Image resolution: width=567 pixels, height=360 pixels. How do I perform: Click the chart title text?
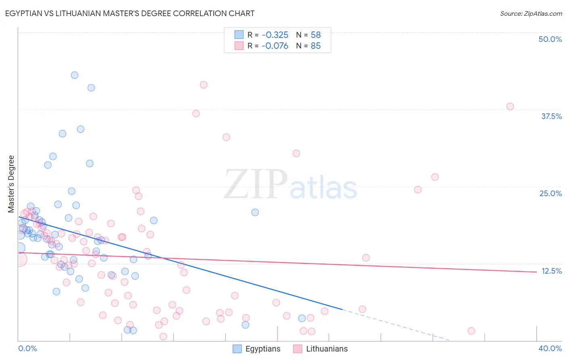coord(129,13)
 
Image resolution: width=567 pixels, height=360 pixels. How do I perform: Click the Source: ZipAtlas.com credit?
coord(531,13)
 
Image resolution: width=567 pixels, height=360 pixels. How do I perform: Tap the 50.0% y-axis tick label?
coord(550,39)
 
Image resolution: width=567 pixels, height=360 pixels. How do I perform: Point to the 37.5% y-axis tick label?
coord(551,116)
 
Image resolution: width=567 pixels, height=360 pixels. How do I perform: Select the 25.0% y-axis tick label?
coord(550,193)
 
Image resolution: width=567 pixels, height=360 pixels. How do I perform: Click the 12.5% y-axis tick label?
coord(551,271)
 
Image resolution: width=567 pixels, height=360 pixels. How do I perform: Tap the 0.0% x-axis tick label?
coord(27,348)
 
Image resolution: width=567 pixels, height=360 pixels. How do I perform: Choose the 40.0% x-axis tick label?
coord(550,348)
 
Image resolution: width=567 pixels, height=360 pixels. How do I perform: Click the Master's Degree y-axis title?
coord(11,184)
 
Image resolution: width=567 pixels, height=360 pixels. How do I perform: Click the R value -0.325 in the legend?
coord(275,35)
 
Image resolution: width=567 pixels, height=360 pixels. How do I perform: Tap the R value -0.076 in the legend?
coord(275,46)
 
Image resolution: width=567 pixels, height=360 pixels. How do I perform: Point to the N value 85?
coord(316,46)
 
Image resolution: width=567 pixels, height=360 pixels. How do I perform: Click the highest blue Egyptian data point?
coord(75,75)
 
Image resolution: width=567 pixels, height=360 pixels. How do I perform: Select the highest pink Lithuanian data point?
coord(204,85)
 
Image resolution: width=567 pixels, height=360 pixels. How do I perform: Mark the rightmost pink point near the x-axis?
coord(471,331)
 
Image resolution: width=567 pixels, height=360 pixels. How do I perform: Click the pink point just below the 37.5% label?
coord(510,107)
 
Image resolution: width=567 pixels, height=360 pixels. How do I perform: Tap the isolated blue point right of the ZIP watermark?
coord(255,212)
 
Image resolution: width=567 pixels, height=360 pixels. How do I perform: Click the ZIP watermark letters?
coord(256,185)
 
